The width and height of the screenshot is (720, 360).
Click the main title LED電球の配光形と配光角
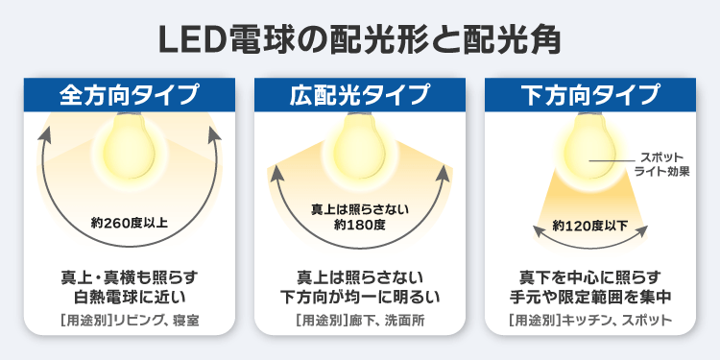point(360,39)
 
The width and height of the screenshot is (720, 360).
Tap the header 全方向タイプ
point(130,95)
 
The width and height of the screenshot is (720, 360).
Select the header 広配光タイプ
point(360,95)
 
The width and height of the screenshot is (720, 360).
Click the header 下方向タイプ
point(591,95)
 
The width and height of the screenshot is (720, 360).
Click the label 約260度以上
point(129,223)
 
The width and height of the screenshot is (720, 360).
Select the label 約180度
point(360,226)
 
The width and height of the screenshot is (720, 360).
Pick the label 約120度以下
point(590,226)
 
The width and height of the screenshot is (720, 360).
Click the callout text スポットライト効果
point(661,165)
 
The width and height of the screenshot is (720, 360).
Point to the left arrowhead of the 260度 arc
point(45,132)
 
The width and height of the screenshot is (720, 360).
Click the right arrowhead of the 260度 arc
point(214,132)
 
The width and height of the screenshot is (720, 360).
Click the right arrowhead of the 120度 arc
point(642,230)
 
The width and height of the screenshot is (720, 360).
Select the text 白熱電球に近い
point(130,298)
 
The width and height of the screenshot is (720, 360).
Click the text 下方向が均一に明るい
point(360,298)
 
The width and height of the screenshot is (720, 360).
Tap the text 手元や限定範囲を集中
point(590,298)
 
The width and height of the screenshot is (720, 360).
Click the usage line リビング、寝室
point(130,321)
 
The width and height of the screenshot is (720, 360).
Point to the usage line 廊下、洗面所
point(360,321)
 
